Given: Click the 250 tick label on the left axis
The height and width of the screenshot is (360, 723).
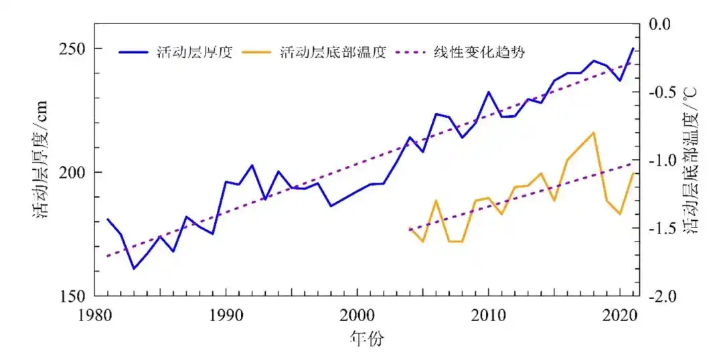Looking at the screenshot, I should (x=70, y=50).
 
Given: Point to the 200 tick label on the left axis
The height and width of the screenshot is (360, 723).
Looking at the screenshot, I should (x=70, y=173).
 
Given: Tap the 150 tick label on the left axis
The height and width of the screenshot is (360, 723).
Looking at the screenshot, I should (x=70, y=296).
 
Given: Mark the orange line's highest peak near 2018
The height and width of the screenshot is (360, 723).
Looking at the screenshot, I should (x=593, y=132).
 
